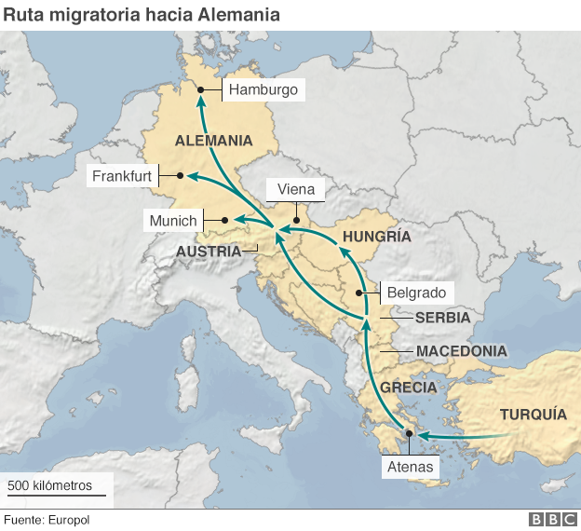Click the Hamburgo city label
click(x=263, y=90)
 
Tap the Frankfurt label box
click(x=121, y=176)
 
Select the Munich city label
click(x=173, y=221)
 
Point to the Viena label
click(x=296, y=189)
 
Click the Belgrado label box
click(x=416, y=293)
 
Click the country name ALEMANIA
click(x=213, y=141)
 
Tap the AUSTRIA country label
click(x=209, y=251)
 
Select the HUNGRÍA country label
click(x=376, y=237)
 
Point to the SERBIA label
click(x=442, y=318)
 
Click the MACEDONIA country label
click(x=461, y=351)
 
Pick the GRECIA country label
click(x=408, y=387)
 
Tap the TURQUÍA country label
click(x=533, y=415)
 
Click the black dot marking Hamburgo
click(x=201, y=90)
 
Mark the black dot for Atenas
click(x=408, y=434)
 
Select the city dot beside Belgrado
click(x=359, y=293)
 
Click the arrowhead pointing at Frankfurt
click(x=183, y=175)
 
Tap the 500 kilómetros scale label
click(x=50, y=486)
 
